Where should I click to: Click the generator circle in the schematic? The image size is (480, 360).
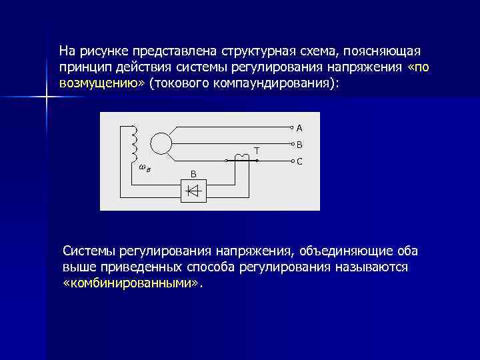[160, 143]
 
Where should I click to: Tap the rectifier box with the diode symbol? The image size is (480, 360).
[193, 191]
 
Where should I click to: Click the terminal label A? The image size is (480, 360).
[299, 127]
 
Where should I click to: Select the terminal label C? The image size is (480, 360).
[299, 161]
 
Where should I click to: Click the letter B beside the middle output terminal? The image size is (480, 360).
[299, 145]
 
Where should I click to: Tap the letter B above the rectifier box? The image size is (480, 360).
[193, 174]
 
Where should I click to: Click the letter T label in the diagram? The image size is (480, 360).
[256, 151]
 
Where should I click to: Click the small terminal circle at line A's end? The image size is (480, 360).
[291, 127]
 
